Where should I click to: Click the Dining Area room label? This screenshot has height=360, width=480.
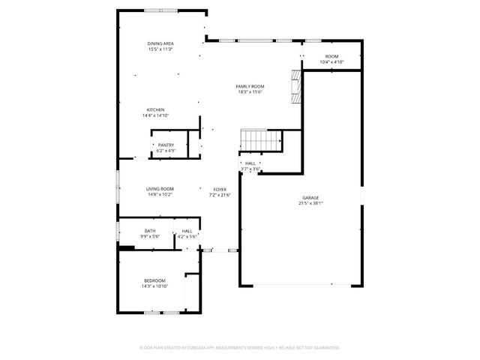pos(160,43)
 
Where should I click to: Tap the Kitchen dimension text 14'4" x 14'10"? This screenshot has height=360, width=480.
pos(155,115)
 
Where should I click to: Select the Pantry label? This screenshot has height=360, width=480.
pos(166,145)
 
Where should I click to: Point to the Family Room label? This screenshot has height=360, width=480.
pos(250,86)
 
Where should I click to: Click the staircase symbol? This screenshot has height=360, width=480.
pos(259,139)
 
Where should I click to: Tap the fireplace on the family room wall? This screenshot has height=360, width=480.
pos(296,87)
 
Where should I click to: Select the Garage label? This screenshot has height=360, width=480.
pos(310,197)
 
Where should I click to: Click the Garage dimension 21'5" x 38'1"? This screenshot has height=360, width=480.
pos(310,203)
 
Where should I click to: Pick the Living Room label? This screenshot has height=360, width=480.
pos(160,188)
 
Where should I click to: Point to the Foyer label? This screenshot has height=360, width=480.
pos(220,189)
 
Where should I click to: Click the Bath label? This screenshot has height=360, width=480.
pos(150,230)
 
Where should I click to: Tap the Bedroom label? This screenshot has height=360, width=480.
pos(154,280)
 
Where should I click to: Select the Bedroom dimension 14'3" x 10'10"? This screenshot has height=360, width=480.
pos(154,286)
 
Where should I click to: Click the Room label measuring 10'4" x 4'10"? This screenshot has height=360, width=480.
pos(331,56)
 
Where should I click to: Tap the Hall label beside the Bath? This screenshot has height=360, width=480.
pos(187,230)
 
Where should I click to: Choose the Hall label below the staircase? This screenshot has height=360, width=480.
pos(250,163)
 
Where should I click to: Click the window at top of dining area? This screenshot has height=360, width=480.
pos(161,10)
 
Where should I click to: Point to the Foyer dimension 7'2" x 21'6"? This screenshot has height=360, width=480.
pos(220,195)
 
